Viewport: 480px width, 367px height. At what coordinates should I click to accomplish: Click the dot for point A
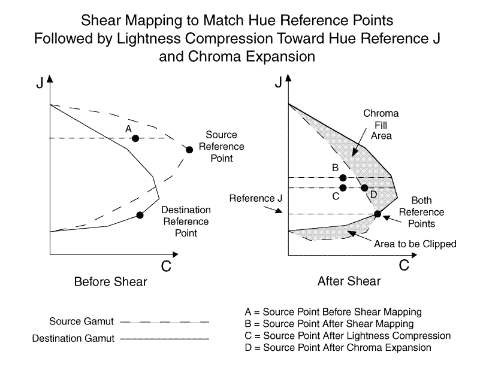pyautogui.click(x=135, y=138)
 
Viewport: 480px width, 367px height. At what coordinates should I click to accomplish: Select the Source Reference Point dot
pyautogui.click(x=189, y=150)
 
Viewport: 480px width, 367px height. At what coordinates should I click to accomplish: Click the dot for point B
pyautogui.click(x=343, y=178)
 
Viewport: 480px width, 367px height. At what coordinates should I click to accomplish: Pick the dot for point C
pyautogui.click(x=343, y=188)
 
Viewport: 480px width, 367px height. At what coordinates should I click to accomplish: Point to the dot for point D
pyautogui.click(x=364, y=188)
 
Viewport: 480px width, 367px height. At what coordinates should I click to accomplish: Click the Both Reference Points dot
pyautogui.click(x=377, y=214)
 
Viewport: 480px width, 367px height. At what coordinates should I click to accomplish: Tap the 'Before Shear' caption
pyautogui.click(x=110, y=281)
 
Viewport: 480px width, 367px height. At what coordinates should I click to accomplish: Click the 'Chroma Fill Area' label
pyautogui.click(x=378, y=125)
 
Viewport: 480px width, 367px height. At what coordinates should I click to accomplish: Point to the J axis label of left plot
pyautogui.click(x=39, y=83)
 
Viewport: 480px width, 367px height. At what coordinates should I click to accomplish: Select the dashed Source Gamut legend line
pyautogui.click(x=175, y=322)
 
